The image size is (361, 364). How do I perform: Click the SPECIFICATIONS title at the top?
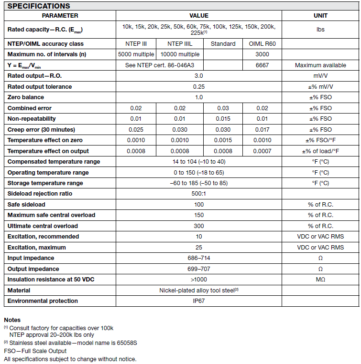(39, 6)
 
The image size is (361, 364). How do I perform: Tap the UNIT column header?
(320, 16)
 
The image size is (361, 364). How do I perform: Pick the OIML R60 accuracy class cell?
(263, 44)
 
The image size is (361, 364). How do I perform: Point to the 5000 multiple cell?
(136, 54)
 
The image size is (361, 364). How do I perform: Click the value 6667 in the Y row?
(263, 65)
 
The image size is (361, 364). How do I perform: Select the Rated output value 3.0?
(199, 76)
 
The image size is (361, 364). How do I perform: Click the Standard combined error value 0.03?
(223, 108)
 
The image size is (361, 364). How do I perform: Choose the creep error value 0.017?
(263, 130)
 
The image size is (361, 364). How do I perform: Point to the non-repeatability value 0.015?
(223, 119)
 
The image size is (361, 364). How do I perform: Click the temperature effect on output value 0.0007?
(263, 151)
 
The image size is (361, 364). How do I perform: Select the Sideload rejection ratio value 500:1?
(199, 194)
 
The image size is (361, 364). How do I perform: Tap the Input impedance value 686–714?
(199, 258)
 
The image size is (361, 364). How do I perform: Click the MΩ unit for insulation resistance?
(320, 280)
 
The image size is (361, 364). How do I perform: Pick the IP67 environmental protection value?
(199, 301)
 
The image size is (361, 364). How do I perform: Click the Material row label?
(19, 291)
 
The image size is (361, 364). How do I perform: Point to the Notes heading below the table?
(12, 320)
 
